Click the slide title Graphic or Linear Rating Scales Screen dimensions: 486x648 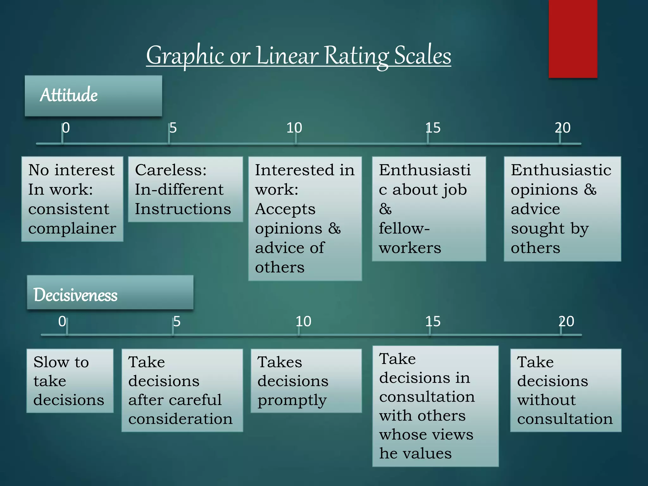[298, 56]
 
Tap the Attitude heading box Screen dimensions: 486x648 [93, 96]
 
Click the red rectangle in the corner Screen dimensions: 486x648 [573, 39]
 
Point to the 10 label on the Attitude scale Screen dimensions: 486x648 [294, 128]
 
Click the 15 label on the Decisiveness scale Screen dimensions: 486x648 [433, 321]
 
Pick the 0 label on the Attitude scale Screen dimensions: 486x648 [66, 128]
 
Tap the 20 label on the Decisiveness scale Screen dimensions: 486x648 [566, 321]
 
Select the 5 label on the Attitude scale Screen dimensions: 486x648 [173, 128]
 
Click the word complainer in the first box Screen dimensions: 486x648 [72, 229]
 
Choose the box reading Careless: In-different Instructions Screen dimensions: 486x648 [185, 189]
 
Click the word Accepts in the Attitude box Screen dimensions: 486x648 [285, 209]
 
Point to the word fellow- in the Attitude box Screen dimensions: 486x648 [404, 228]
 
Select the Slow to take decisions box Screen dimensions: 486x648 [70, 381]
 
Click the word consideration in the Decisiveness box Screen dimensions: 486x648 [180, 419]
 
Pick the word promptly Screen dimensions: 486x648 [292, 401]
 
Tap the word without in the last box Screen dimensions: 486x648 [546, 400]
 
